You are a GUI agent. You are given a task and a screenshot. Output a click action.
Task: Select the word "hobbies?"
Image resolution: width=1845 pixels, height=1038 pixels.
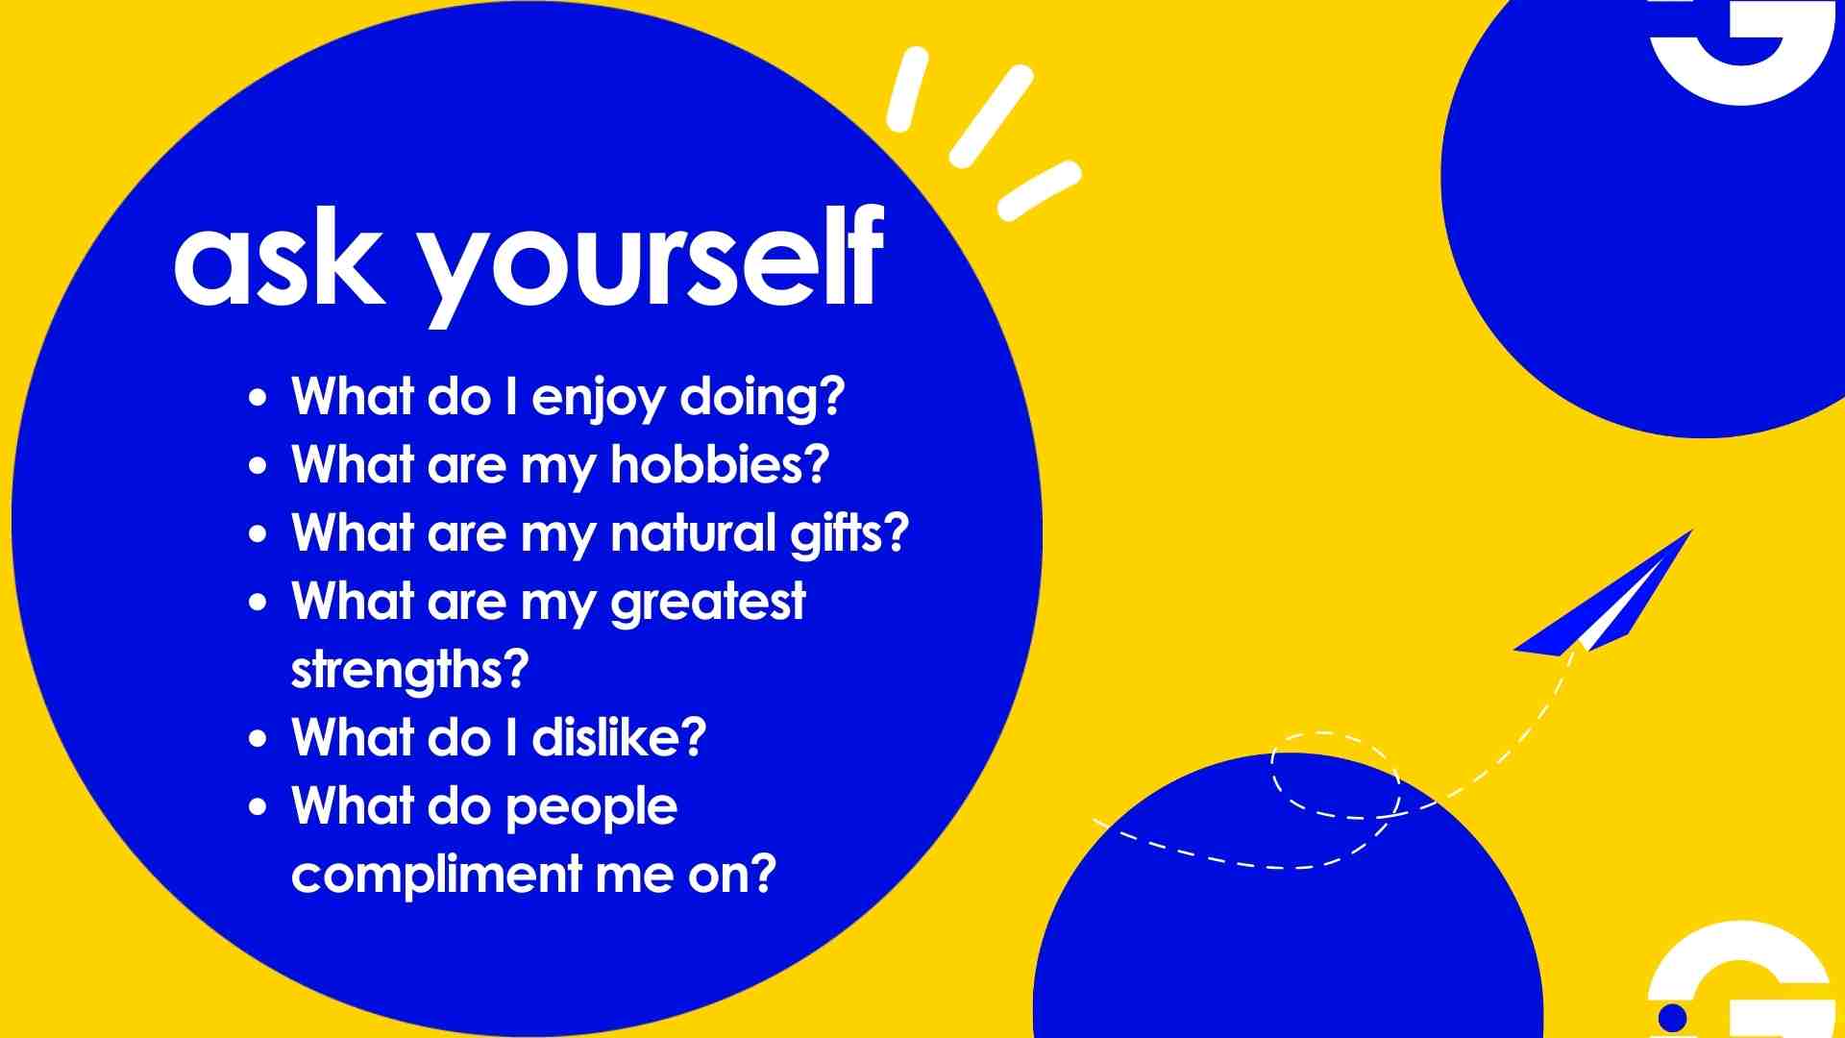coord(720,464)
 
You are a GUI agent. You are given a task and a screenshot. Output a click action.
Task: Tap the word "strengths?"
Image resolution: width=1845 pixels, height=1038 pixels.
coord(410,670)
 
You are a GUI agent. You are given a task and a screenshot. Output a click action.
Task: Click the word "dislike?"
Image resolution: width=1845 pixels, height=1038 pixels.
coord(620,737)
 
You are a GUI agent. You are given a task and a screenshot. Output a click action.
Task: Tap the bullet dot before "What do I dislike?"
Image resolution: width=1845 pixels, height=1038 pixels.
coord(258,740)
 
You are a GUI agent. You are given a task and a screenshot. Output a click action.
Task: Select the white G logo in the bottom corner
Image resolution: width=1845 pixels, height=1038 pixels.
coord(1739,980)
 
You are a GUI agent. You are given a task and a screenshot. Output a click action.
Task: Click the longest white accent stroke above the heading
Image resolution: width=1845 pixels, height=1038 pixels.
coord(992,116)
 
